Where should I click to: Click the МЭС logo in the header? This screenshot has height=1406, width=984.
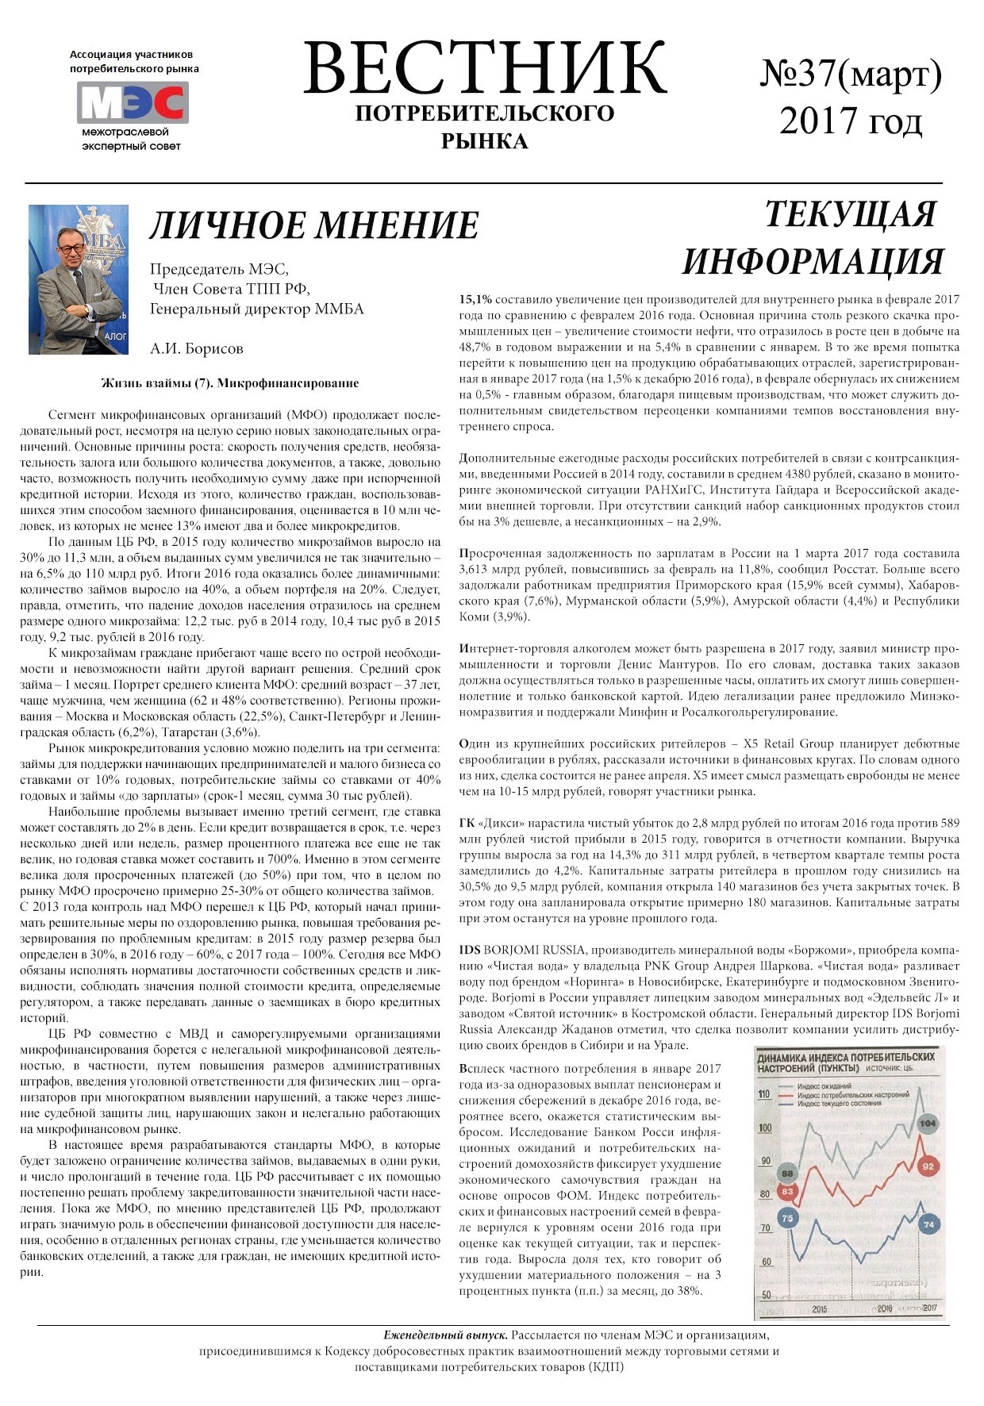coord(133,102)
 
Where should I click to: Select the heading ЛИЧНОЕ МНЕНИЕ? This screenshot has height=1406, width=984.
coord(314,225)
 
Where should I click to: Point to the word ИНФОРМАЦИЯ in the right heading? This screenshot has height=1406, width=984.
coord(813,262)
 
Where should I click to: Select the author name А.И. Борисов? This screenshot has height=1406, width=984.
coord(197,348)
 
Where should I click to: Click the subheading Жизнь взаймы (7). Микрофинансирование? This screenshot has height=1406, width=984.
coord(230,383)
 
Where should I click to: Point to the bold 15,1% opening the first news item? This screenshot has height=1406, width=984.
coord(475,300)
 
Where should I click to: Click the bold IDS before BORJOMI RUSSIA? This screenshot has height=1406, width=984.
coord(470,951)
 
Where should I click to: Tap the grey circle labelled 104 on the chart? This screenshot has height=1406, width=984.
coord(927,1124)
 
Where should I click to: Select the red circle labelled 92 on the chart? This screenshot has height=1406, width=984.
coord(927,1166)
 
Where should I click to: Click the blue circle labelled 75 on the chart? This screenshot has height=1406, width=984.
coord(787,1218)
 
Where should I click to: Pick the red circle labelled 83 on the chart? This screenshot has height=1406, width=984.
coord(787,1191)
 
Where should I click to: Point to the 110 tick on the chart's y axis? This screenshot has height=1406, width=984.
coord(764,1095)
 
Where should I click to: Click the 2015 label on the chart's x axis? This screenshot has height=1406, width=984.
coord(819,1309)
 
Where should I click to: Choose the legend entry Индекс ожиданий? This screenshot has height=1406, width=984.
coord(824,1086)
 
